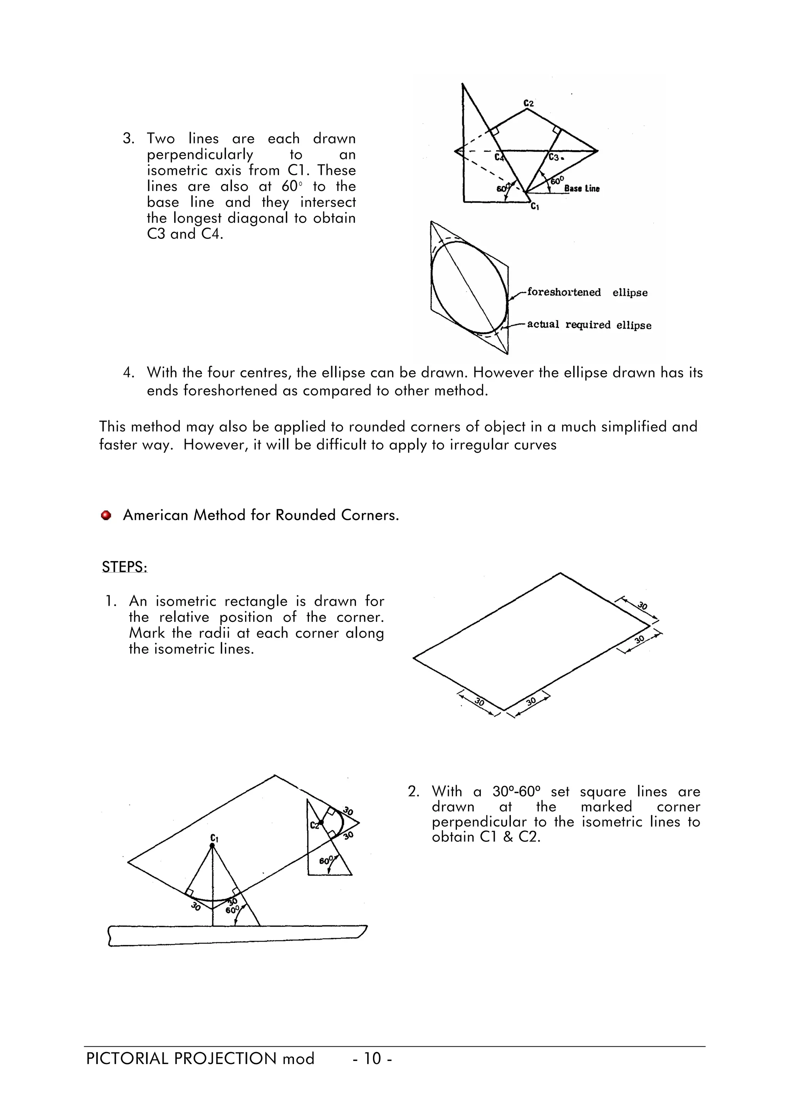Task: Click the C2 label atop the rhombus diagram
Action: click(529, 104)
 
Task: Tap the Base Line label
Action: click(582, 189)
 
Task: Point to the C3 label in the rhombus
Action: click(555, 157)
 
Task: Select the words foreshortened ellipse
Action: click(587, 293)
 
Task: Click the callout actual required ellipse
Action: click(589, 325)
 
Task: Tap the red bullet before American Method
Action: click(106, 515)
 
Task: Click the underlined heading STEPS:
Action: click(124, 567)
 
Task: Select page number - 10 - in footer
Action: click(373, 1058)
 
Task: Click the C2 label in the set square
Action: click(314, 825)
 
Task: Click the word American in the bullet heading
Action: click(156, 515)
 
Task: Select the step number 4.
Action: click(128, 373)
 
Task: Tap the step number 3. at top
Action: click(128, 139)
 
